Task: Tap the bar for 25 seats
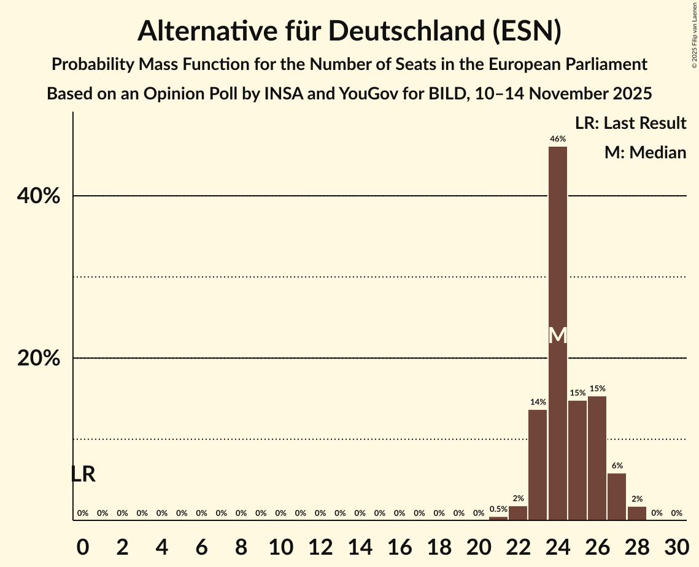pyautogui.click(x=577, y=460)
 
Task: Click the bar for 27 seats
pyautogui.click(x=617, y=496)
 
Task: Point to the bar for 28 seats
pyautogui.click(x=637, y=513)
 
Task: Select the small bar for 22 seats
pyautogui.click(x=518, y=513)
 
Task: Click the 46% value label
pyautogui.click(x=558, y=139)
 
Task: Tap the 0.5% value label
pyautogui.click(x=498, y=509)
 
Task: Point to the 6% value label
pyautogui.click(x=617, y=466)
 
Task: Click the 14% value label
pyautogui.click(x=538, y=402)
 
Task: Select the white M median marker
pyautogui.click(x=558, y=336)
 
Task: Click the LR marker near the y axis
pyautogui.click(x=83, y=474)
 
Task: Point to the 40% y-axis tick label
pyautogui.click(x=39, y=196)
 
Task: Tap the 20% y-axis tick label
pyautogui.click(x=39, y=358)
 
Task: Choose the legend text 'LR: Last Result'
pyautogui.click(x=630, y=123)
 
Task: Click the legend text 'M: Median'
pyautogui.click(x=645, y=152)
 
